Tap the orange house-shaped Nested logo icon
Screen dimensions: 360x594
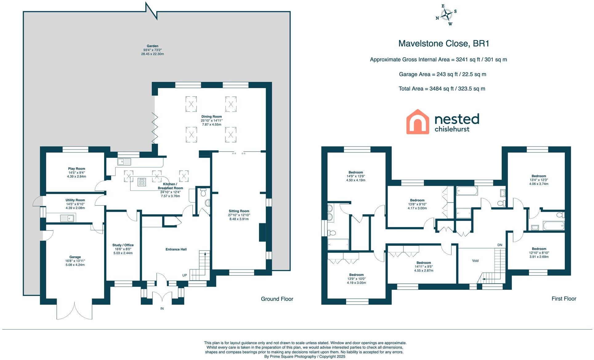418,122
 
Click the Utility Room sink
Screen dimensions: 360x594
67,218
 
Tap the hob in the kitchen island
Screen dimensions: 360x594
142,182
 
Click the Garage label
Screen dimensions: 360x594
75,257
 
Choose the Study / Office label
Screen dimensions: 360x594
123,245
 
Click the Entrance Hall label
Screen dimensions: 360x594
176,249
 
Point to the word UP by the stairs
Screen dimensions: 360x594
184,275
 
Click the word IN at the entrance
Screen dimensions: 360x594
162,308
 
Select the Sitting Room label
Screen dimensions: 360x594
239,211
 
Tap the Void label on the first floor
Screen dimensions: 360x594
475,261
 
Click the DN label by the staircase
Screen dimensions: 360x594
500,245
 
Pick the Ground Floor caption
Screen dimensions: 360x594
277,299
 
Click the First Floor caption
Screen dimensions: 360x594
564,298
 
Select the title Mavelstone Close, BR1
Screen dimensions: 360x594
443,43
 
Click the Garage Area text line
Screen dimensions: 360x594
442,74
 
